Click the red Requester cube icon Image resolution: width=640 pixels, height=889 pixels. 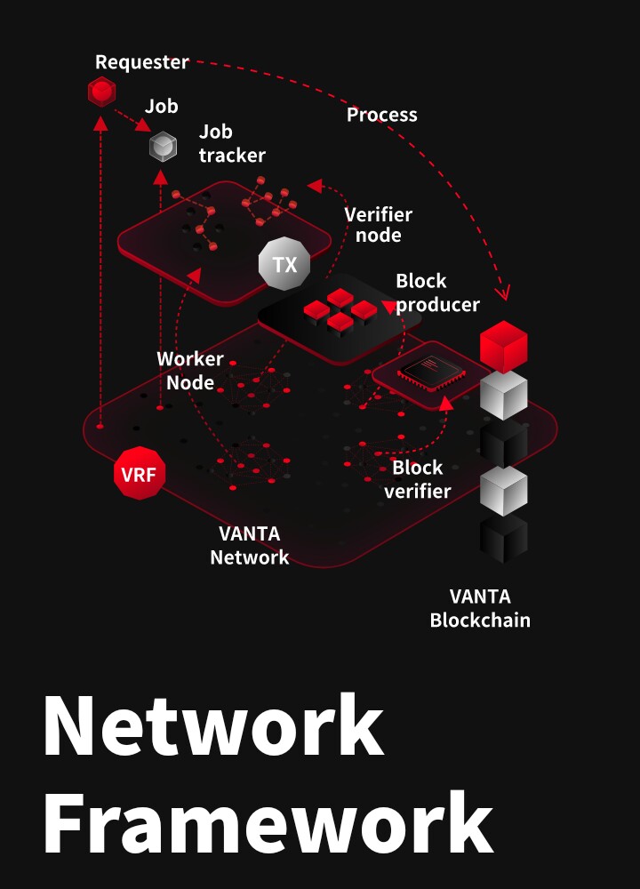click(102, 91)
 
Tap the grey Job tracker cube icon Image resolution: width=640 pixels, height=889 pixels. click(162, 146)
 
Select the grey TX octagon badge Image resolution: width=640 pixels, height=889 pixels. click(284, 265)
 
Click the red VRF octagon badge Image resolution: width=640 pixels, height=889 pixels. click(139, 474)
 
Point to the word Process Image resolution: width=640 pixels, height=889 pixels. click(381, 115)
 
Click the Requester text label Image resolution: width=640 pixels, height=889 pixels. click(142, 62)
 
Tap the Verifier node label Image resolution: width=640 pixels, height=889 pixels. click(378, 225)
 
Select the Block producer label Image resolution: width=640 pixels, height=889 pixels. click(436, 292)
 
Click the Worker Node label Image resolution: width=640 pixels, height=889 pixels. click(189, 371)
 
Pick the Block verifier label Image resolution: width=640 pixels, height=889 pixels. click(417, 479)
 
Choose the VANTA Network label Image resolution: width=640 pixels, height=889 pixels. click(249, 546)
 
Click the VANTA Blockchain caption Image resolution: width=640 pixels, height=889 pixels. click(480, 608)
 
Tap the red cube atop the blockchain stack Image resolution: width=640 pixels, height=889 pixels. click(503, 347)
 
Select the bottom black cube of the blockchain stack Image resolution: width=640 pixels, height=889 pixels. click(503, 539)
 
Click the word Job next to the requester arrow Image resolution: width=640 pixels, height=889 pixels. click(162, 107)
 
